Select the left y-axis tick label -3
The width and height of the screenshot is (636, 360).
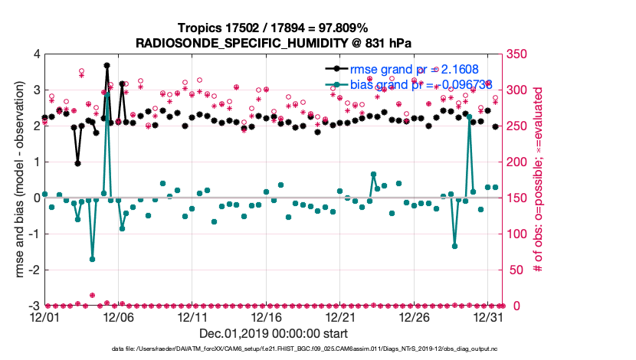[34, 306]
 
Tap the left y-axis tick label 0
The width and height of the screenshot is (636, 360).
[36, 198]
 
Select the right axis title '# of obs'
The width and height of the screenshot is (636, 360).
[536, 180]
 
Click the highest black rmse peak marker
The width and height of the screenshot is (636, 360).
[107, 66]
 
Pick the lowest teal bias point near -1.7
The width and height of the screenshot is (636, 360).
[93, 259]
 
